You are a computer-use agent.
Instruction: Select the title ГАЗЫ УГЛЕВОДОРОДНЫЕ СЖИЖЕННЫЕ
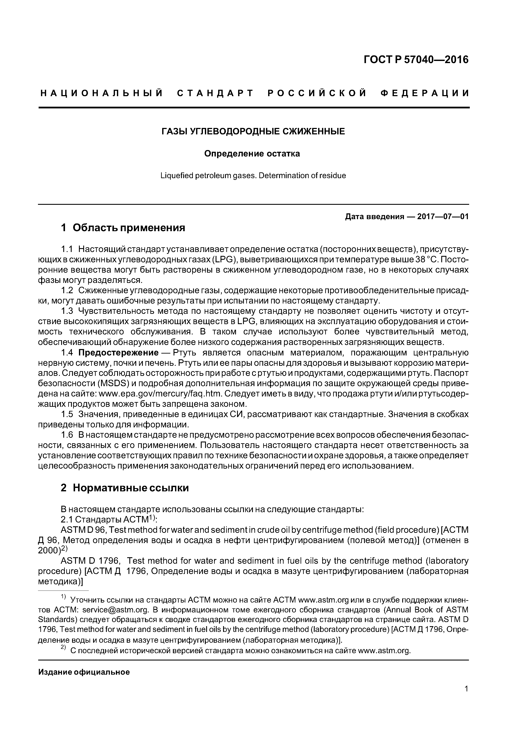coord(253,132)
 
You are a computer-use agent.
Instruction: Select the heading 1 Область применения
coord(123,227)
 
